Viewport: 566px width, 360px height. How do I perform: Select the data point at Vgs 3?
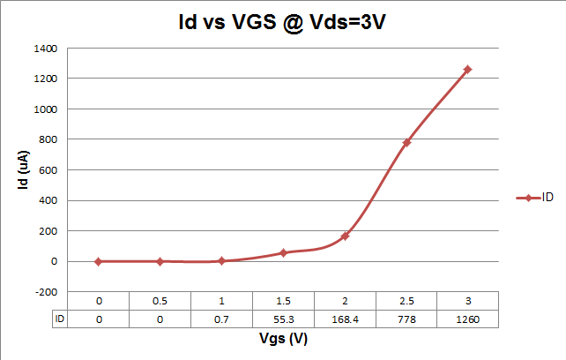pyautogui.click(x=468, y=69)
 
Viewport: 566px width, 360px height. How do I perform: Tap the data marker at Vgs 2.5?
pyautogui.click(x=406, y=142)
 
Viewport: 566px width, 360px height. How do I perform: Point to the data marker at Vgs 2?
pyautogui.click(x=345, y=236)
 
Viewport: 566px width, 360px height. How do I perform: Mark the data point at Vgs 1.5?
pyautogui.click(x=283, y=252)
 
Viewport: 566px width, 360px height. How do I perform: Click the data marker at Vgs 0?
pyautogui.click(x=98, y=261)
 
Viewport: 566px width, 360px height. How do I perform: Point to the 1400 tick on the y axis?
pyautogui.click(x=45, y=48)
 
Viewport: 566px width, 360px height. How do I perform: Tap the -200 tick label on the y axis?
pyautogui.click(x=47, y=291)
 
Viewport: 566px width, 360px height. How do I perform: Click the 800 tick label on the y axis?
pyautogui.click(x=49, y=139)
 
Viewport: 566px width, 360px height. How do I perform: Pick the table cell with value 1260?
pyautogui.click(x=468, y=319)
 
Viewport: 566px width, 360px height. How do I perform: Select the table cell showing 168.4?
pyautogui.click(x=345, y=319)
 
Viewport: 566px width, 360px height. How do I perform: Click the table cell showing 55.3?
pyautogui.click(x=283, y=319)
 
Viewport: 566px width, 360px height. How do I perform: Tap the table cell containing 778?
pyautogui.click(x=406, y=319)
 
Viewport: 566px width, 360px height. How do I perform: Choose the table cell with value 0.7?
pyautogui.click(x=221, y=319)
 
